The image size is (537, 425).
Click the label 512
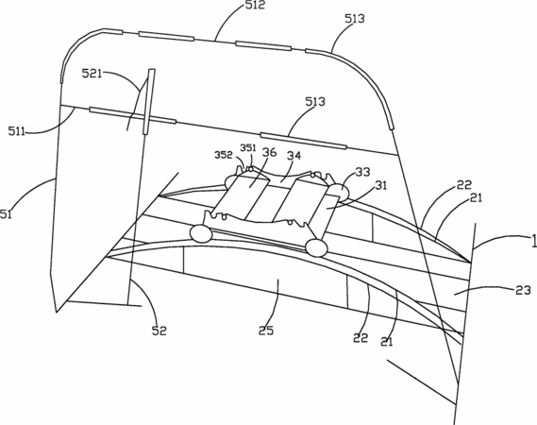pyautogui.click(x=256, y=5)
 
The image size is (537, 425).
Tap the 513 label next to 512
pyautogui.click(x=355, y=19)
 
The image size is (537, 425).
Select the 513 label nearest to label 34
pyautogui.click(x=315, y=102)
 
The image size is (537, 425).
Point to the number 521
pyautogui.click(x=92, y=74)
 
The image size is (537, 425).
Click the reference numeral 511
pyautogui.click(x=17, y=131)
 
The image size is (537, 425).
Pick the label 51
pyautogui.click(x=6, y=214)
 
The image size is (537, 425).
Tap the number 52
pyautogui.click(x=159, y=331)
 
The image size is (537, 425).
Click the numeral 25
pyautogui.click(x=266, y=331)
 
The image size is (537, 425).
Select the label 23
pyautogui.click(x=523, y=290)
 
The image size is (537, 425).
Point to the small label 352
pyautogui.click(x=224, y=155)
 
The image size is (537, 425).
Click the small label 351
pyautogui.click(x=248, y=147)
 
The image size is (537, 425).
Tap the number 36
pyautogui.click(x=270, y=152)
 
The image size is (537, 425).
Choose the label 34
pyautogui.click(x=294, y=156)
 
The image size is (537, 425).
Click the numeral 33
pyautogui.click(x=362, y=172)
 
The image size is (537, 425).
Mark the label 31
pyautogui.click(x=381, y=185)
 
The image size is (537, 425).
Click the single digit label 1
pyautogui.click(x=533, y=241)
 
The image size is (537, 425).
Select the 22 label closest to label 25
pyautogui.click(x=361, y=338)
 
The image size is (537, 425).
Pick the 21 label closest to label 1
pyautogui.click(x=476, y=197)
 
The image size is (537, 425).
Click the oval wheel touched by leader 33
pyautogui.click(x=339, y=192)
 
